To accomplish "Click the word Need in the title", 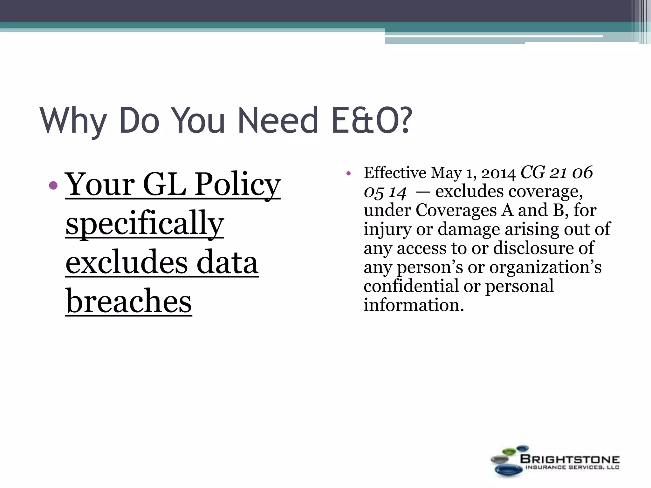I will (x=277, y=121).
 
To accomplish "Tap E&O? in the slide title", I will (x=371, y=121).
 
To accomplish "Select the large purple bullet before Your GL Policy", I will (x=54, y=185).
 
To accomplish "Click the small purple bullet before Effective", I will (x=348, y=174).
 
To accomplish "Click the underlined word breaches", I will (x=129, y=301).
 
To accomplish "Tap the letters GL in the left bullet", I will (x=164, y=185).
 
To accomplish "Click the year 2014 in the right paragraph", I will (x=498, y=173).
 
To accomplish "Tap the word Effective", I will (x=395, y=173).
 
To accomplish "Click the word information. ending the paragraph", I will (x=414, y=305).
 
